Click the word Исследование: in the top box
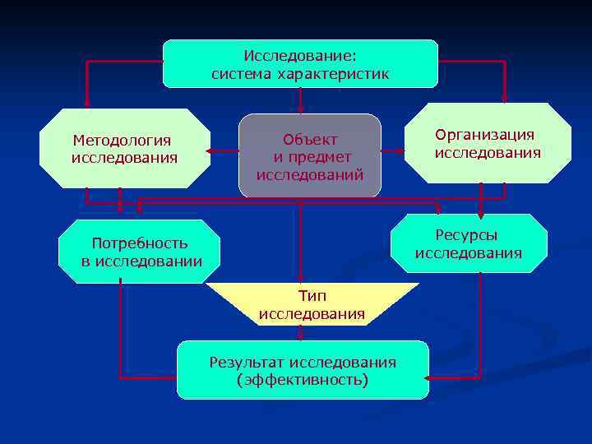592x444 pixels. (x=300, y=57)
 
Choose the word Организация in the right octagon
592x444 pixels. (x=485, y=135)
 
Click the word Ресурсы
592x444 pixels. (x=467, y=235)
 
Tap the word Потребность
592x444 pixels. (x=140, y=243)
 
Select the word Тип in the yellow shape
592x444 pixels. (x=312, y=296)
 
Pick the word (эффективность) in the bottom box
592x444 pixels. (x=302, y=380)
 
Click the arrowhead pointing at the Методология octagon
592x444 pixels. (x=210, y=151)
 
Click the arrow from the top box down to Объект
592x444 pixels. (x=301, y=99)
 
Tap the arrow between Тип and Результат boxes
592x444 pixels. (x=301, y=333)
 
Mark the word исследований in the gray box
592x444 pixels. (x=310, y=174)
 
